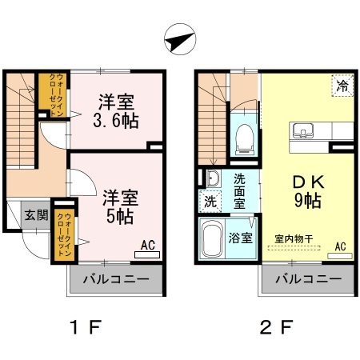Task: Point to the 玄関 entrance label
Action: pyautogui.click(x=34, y=214)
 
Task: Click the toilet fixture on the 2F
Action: pyautogui.click(x=245, y=138)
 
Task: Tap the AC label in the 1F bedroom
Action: pyautogui.click(x=148, y=246)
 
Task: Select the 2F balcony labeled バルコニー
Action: pyautogui.click(x=308, y=280)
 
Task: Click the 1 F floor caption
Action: pyautogui.click(x=84, y=327)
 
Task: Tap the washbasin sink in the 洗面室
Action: pyautogui.click(x=213, y=178)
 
